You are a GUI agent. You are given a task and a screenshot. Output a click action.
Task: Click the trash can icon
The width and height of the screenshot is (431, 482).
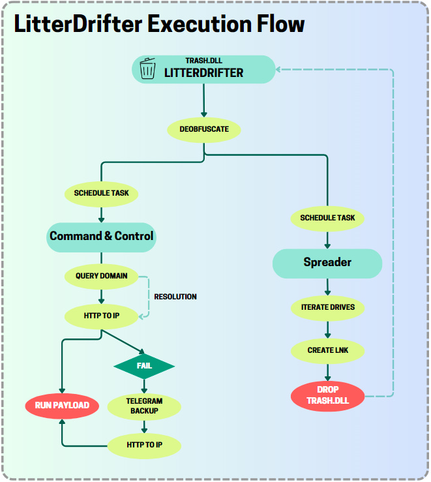tap(147, 68)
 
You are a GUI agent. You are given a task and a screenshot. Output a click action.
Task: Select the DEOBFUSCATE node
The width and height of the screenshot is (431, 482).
tap(204, 129)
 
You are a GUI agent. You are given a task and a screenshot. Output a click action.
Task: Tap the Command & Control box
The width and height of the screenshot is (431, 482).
tap(101, 237)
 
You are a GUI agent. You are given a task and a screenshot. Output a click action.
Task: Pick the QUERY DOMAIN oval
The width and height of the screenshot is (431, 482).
tap(101, 276)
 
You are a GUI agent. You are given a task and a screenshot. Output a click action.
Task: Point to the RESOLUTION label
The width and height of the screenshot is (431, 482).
tap(175, 297)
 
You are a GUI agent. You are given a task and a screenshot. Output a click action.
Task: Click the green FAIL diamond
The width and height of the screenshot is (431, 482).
tap(144, 366)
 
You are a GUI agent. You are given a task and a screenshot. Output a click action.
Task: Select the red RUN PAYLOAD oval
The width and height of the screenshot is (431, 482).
tap(62, 406)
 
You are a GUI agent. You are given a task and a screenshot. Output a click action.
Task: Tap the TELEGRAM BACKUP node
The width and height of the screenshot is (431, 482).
tap(144, 406)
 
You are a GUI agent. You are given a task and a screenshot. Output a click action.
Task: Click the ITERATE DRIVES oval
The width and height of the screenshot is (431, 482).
tap(328, 308)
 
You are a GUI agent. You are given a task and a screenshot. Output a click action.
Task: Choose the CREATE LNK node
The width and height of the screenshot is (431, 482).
tap(328, 351)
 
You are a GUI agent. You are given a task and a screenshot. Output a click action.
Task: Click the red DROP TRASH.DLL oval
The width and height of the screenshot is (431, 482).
tap(328, 396)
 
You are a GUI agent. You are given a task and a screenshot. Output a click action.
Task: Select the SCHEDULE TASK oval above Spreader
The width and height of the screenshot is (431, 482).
tap(327, 218)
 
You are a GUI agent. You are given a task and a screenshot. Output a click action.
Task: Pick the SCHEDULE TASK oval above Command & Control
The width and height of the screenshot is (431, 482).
tap(101, 194)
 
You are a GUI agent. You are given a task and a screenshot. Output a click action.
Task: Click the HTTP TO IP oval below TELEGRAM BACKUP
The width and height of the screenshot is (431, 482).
tap(144, 445)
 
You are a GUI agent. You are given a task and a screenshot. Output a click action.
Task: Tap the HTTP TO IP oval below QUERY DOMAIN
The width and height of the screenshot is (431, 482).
tap(101, 316)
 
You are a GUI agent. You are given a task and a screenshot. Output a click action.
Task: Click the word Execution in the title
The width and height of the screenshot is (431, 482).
tap(200, 23)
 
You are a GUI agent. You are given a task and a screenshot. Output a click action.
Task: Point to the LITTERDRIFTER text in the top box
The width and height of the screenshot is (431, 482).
tap(203, 73)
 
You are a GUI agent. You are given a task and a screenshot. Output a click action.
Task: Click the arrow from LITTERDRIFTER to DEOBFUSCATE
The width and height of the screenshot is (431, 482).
tap(203, 100)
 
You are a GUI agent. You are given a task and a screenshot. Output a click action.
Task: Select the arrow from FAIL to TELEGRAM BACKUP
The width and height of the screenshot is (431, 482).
tap(144, 386)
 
